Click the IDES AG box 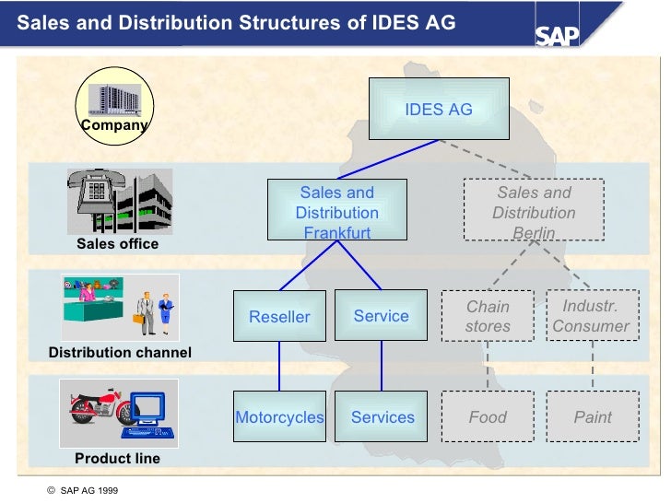(x=439, y=110)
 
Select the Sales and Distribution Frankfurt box (x=336, y=211)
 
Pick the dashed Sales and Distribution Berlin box (x=534, y=211)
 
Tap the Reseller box (x=279, y=316)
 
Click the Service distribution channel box (x=381, y=316)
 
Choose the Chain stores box (x=488, y=316)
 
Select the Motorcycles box (x=279, y=417)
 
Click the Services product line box (x=383, y=417)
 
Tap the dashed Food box (x=488, y=417)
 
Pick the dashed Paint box (x=593, y=417)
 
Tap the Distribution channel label (x=120, y=353)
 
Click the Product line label (x=117, y=459)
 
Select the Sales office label (x=117, y=244)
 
